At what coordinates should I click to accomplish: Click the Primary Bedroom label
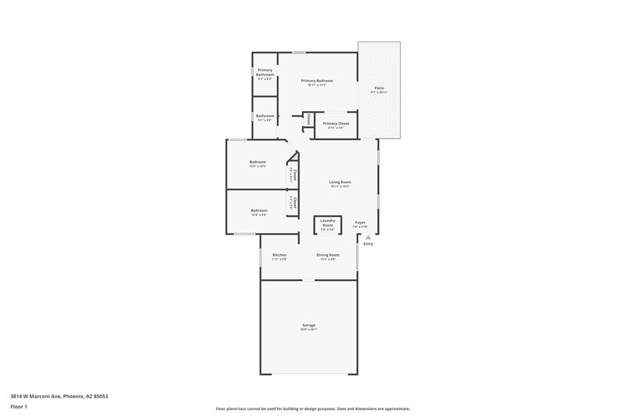coord(317,81)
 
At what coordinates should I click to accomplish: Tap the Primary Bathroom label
coord(264,73)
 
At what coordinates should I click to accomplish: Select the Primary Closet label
coord(336,124)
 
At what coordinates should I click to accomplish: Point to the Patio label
coord(379,88)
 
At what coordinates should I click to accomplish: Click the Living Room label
coord(339,182)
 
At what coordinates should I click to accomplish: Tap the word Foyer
coord(360,223)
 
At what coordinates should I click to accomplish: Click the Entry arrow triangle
coord(368,237)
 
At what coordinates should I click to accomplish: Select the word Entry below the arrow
coord(368,244)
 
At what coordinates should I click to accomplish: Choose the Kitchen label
coord(279,255)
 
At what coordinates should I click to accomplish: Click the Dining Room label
coord(327,255)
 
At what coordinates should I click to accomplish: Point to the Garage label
coord(309,325)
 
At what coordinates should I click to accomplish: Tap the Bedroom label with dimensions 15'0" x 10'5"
coord(257,163)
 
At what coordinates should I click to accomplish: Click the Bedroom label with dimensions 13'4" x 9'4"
coord(259,210)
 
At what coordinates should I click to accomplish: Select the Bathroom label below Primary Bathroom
coord(264,117)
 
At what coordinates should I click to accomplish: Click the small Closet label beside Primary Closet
coord(308,119)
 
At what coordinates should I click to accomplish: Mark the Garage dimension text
coord(309,329)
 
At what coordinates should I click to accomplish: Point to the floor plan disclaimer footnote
coord(312,408)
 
